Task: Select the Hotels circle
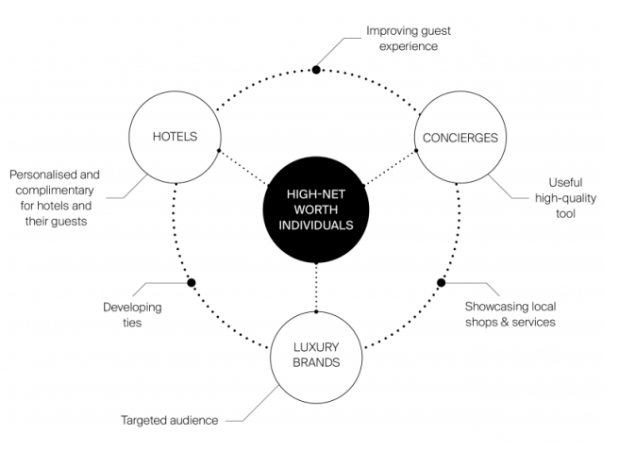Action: [175, 136]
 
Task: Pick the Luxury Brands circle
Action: [315, 354]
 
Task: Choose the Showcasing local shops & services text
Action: [510, 314]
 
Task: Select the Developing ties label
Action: [132, 315]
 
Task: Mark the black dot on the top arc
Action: [316, 70]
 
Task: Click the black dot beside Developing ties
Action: [192, 282]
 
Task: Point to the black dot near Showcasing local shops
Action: [441, 282]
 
